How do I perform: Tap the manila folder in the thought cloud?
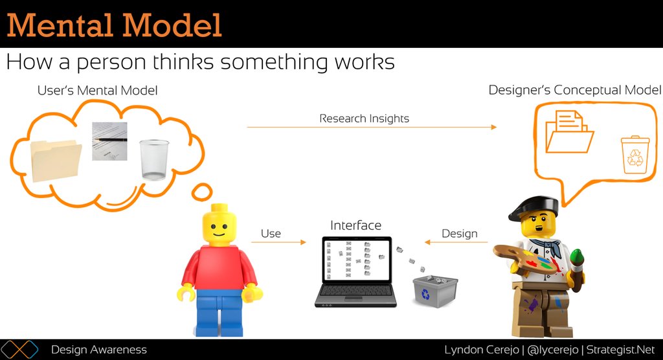tap(56, 161)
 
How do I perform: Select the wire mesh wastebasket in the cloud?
tap(153, 159)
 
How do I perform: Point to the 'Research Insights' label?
tap(364, 118)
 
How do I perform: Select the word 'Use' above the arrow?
tap(271, 234)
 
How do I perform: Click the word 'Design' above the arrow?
tap(459, 234)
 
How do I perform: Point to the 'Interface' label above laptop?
tap(355, 225)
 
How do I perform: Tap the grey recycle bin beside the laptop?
tap(435, 291)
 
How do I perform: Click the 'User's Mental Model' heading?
tap(97, 91)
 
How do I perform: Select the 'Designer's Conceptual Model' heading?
tap(574, 90)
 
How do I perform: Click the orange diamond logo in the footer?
tap(22, 350)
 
